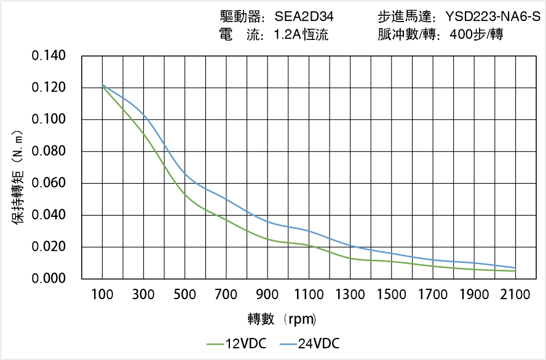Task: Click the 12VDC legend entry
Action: tap(236, 343)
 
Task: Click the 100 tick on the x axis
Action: tap(102, 295)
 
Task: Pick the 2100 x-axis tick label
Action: tap(515, 295)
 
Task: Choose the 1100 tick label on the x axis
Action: tap(309, 295)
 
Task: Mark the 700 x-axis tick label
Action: tap(226, 295)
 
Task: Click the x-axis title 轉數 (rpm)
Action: tap(282, 319)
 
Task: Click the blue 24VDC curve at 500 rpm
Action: tap(184, 174)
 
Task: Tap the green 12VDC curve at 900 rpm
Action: tap(267, 238)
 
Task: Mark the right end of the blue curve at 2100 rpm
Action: tap(515, 268)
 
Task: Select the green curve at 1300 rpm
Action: tap(350, 258)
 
